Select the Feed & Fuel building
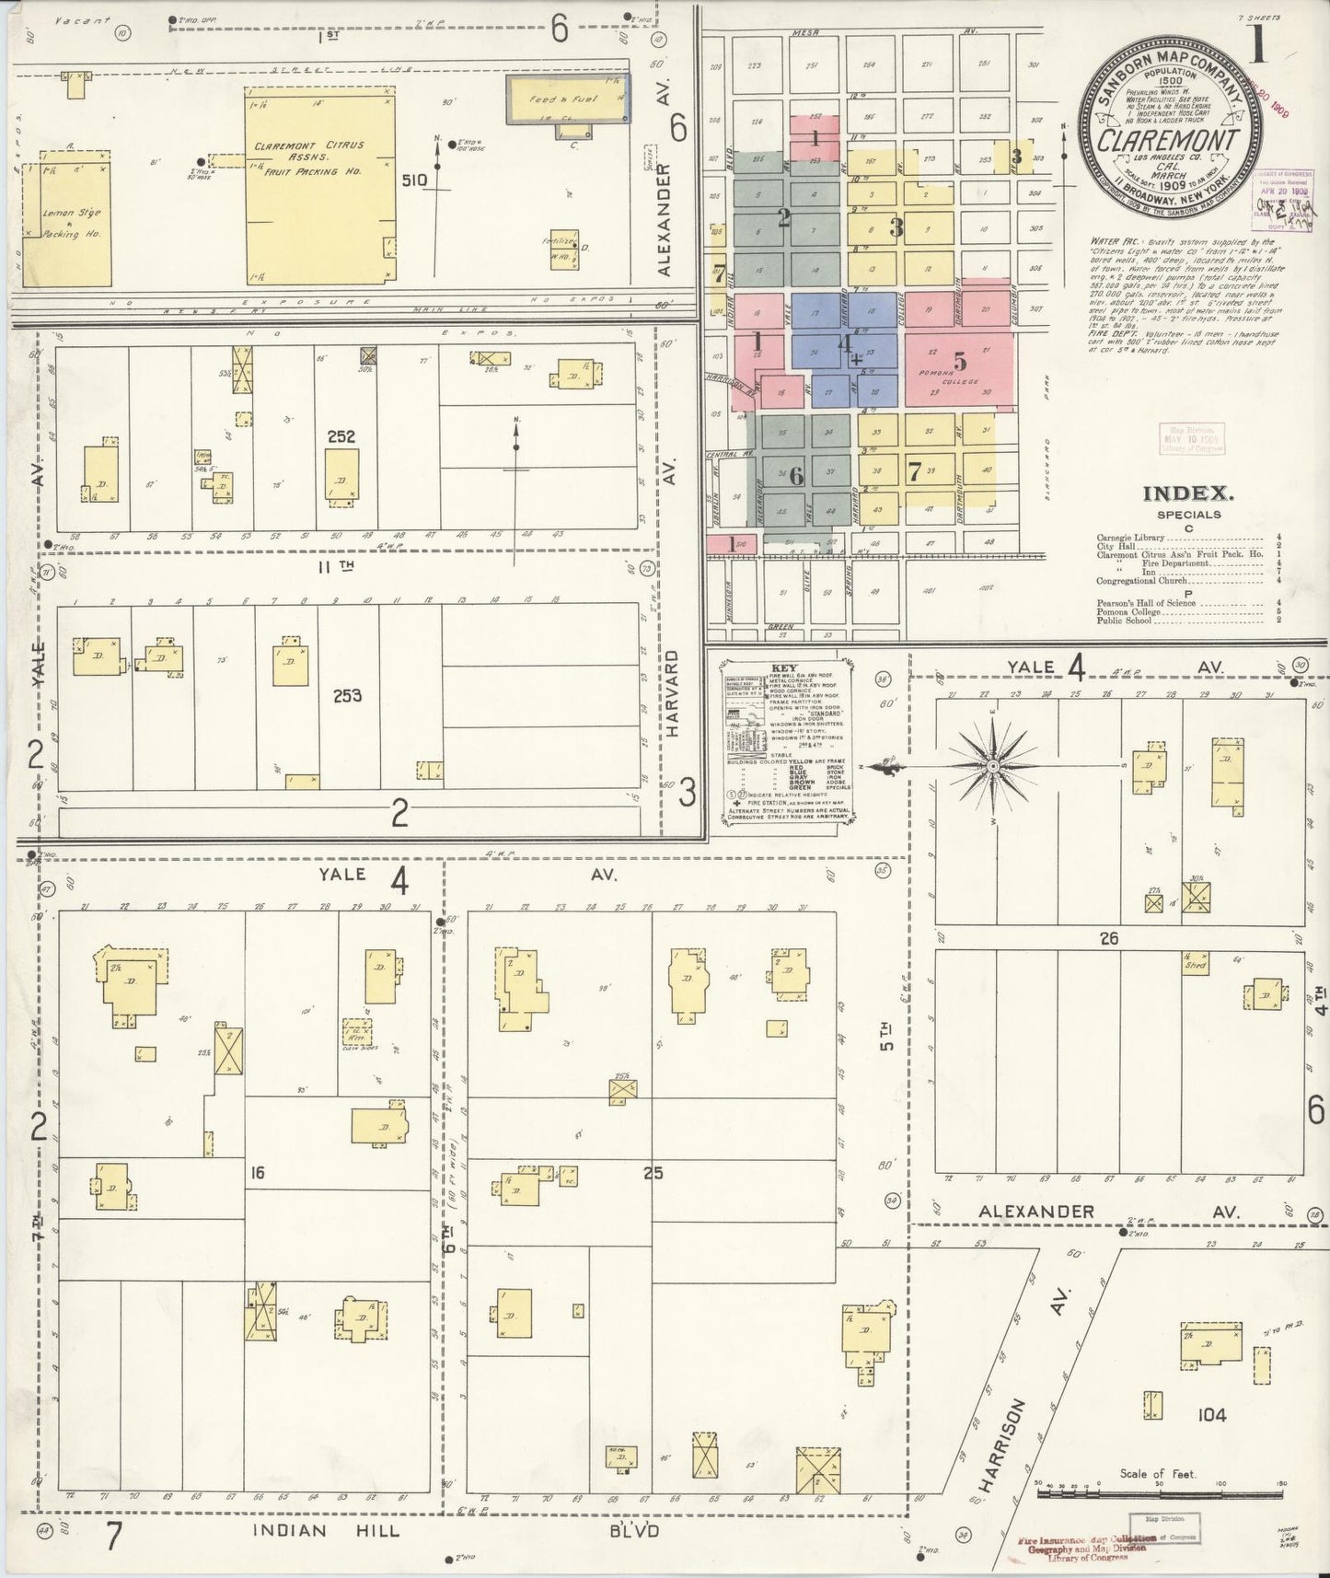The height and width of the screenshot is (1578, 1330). click(x=569, y=99)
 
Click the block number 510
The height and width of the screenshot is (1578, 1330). click(x=413, y=180)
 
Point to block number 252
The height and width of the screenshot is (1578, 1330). click(x=341, y=437)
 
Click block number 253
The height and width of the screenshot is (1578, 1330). click(x=347, y=696)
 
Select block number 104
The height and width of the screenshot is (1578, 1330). click(x=1211, y=1414)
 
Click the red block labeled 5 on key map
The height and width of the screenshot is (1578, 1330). click(x=959, y=361)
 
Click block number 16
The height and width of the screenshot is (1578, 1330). click(x=257, y=1174)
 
